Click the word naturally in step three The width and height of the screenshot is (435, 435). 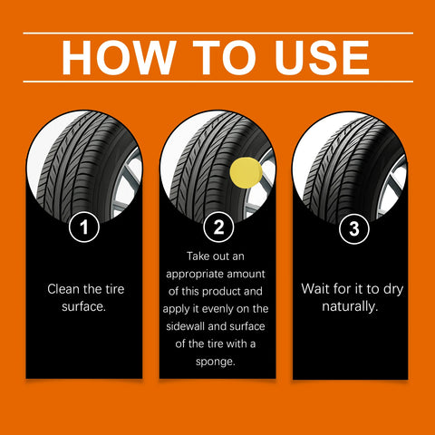click(351, 305)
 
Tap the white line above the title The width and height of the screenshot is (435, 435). click(217, 34)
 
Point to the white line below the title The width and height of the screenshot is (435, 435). click(217, 82)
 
